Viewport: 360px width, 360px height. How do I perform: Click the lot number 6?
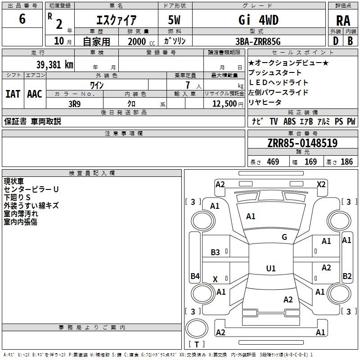coord(22,19)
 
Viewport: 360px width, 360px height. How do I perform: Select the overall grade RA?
coord(343,21)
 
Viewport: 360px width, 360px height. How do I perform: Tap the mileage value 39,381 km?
coord(55,65)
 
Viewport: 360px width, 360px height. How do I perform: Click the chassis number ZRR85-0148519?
coord(302,143)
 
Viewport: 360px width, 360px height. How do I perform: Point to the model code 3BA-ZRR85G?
coord(258,41)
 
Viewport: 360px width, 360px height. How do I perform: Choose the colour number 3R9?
coord(75,104)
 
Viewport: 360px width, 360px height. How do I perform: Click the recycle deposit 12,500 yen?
coord(228,104)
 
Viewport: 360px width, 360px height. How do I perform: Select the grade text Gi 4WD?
coord(258,20)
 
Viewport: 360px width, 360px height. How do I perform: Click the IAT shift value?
coord(13,94)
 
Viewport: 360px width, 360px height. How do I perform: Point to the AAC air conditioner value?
coord(35,94)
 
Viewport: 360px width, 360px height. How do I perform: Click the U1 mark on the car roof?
coord(271,268)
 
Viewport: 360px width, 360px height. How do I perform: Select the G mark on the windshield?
coord(284,237)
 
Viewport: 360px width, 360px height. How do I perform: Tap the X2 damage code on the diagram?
coord(321,184)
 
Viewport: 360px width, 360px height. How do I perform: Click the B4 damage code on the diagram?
coord(195,276)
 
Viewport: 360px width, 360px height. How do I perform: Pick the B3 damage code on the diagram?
coord(216,252)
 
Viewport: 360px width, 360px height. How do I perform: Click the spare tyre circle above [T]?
coord(197,328)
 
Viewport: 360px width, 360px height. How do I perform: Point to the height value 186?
coord(346,162)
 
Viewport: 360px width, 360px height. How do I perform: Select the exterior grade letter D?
coord(336,41)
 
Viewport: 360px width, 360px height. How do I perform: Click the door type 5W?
coord(174,20)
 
